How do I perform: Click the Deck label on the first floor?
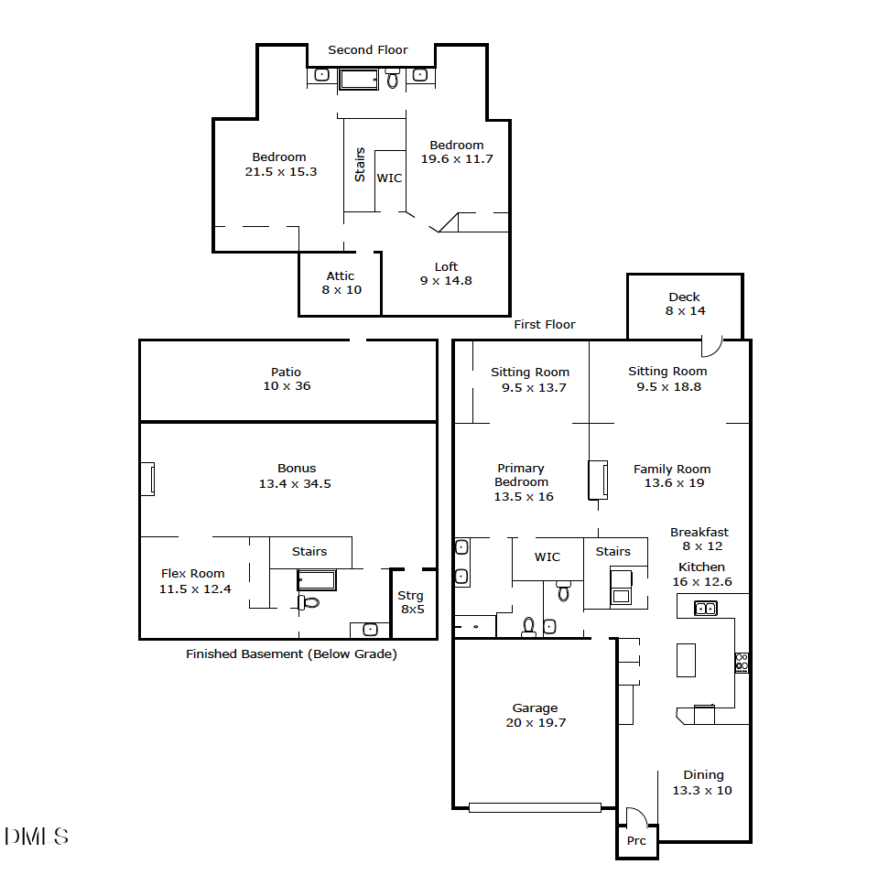(x=684, y=297)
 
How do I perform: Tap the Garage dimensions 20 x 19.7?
(x=535, y=722)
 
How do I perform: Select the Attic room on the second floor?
(x=341, y=283)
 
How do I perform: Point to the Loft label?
(x=446, y=267)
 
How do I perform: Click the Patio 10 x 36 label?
(x=286, y=379)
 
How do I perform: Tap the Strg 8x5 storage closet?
(x=411, y=602)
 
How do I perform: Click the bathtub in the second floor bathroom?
(x=358, y=80)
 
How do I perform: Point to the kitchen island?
(x=686, y=660)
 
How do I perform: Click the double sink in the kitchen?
(x=705, y=608)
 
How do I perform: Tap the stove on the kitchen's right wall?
(x=741, y=663)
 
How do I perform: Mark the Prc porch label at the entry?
(x=636, y=840)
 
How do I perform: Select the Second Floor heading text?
(x=368, y=49)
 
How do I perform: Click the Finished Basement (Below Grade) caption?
(x=291, y=654)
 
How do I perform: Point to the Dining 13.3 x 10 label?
(x=702, y=783)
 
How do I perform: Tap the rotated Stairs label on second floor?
(x=360, y=165)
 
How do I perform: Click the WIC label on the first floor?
(x=547, y=556)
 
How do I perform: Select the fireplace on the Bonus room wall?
(x=146, y=480)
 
